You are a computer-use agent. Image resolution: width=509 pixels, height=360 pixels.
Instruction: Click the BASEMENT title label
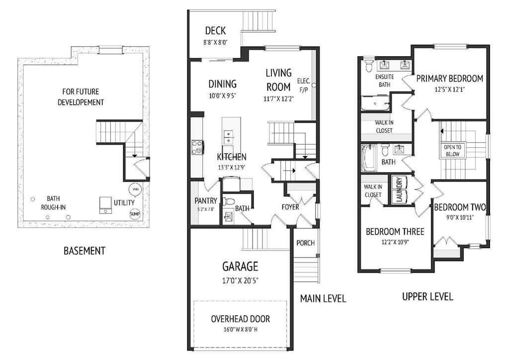coord(85,251)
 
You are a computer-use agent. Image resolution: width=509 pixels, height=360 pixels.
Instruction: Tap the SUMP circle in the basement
coord(135,214)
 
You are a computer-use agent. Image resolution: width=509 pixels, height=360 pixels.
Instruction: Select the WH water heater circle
coord(135,189)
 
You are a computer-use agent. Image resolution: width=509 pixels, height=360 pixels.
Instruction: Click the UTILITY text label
coord(124,203)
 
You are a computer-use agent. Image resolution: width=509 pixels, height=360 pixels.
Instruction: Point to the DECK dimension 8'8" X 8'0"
coord(215,43)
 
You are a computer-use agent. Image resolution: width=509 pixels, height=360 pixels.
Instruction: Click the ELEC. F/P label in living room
coord(303,85)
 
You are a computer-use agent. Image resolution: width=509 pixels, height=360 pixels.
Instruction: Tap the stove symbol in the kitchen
coord(197,148)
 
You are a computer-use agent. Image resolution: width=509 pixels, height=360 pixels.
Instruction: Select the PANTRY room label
coord(205,200)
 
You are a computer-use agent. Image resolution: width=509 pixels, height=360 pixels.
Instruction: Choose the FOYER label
coord(290,206)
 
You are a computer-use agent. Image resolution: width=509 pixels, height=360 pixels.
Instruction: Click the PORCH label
coord(305,243)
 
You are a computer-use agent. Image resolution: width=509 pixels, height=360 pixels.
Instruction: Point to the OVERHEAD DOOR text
coord(240,319)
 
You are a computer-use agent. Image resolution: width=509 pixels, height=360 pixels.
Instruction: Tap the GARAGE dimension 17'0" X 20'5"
coord(240,280)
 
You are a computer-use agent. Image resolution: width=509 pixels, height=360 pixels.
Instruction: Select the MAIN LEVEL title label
coord(323,298)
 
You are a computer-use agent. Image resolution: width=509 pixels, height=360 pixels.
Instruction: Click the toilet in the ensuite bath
coord(369,66)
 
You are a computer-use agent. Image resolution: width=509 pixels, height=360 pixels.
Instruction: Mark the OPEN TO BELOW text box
coord(452,151)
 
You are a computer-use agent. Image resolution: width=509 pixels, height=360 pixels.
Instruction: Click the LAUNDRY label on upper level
coord(398,189)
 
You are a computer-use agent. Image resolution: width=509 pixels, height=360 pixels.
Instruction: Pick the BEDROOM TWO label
coord(459,207)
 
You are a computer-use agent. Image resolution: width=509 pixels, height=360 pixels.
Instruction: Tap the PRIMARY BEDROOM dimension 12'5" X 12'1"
coord(449,90)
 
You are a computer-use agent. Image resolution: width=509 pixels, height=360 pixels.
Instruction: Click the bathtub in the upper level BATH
coord(368,155)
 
